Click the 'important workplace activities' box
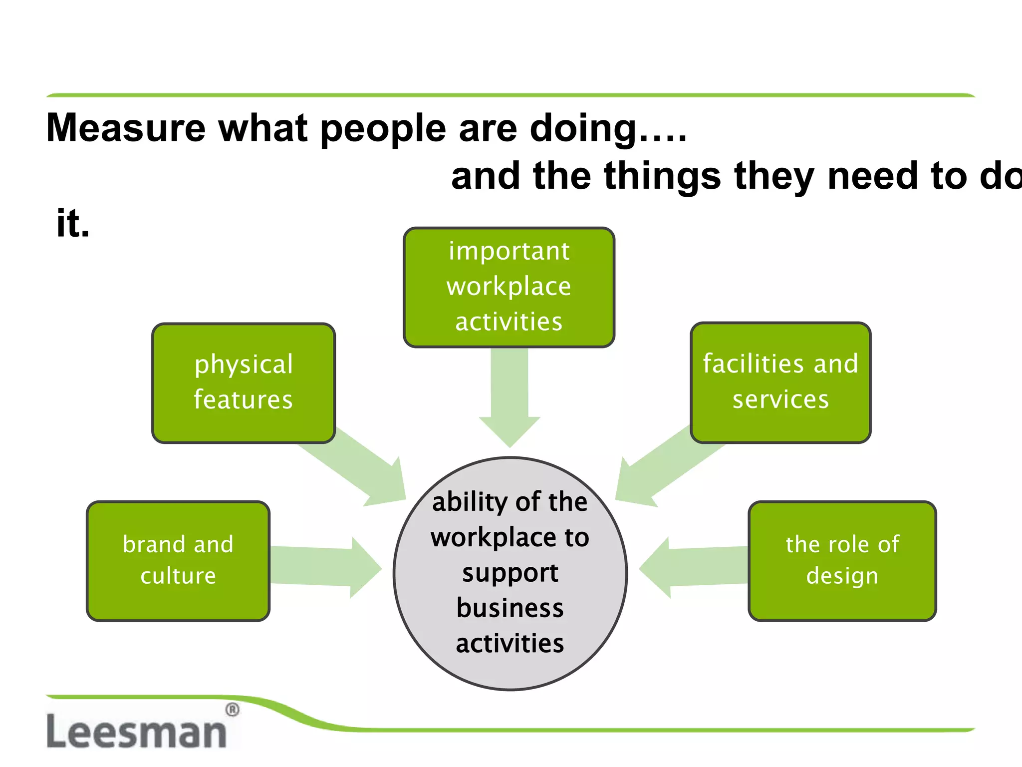click(509, 287)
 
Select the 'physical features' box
click(244, 383)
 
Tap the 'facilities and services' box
click(780, 382)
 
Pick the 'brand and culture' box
click(178, 561)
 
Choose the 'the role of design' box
click(842, 561)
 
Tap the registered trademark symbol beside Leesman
click(232, 710)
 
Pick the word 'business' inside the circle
click(510, 608)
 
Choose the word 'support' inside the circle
click(510, 573)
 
